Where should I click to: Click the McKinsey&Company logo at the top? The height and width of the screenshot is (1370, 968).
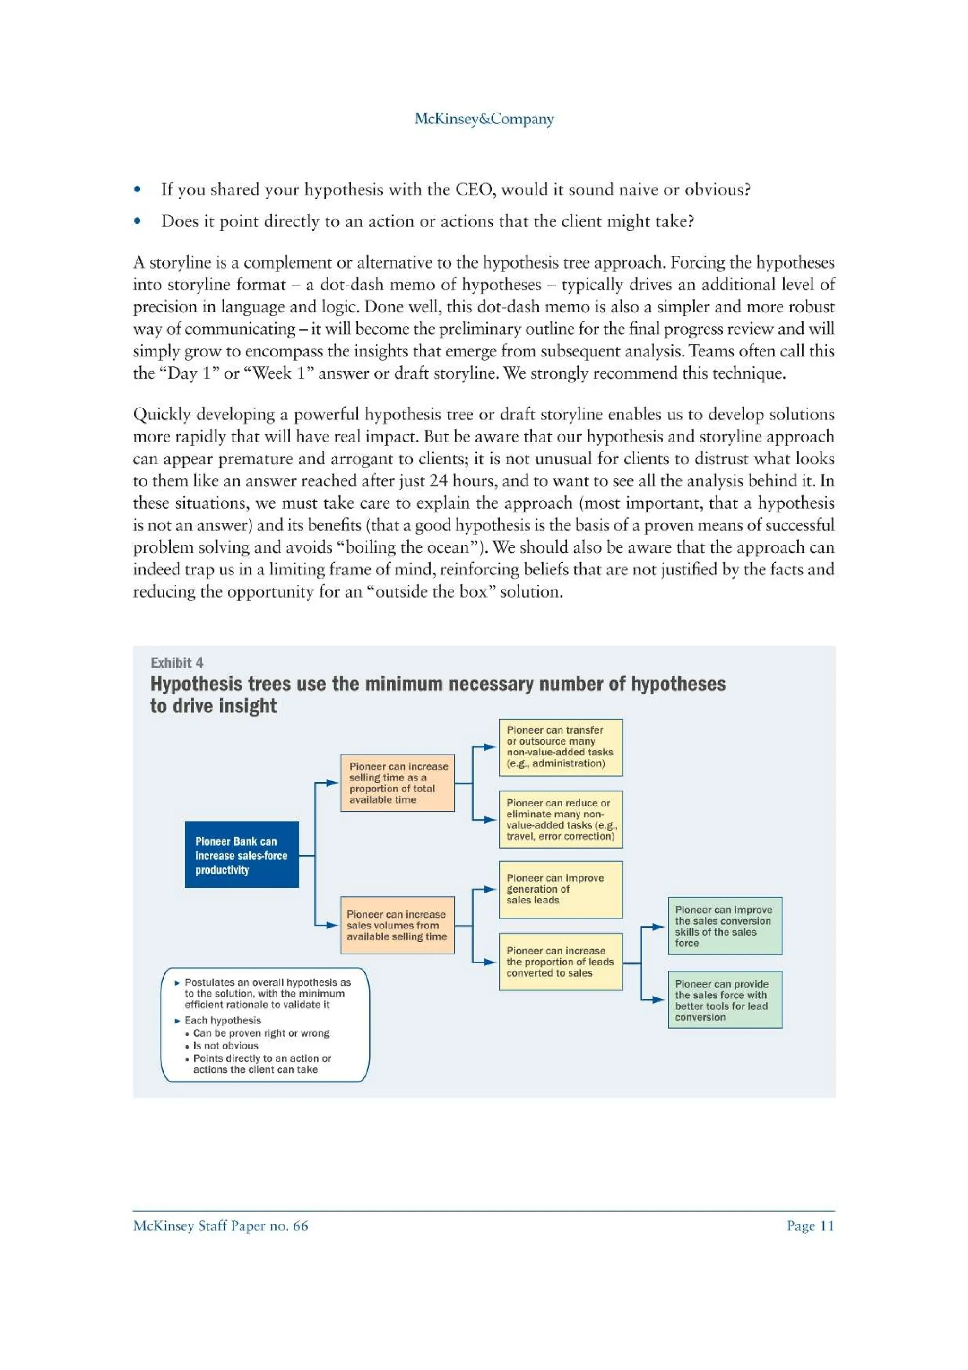click(484, 119)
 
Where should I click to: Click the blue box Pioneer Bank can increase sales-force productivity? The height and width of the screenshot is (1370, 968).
click(242, 854)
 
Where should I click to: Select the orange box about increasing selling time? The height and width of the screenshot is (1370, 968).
click(397, 782)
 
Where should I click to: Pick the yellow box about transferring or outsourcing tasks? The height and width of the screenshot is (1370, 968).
click(560, 746)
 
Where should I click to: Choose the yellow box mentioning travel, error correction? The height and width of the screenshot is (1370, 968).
click(560, 819)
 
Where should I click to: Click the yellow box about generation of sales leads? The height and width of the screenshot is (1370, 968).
click(560, 889)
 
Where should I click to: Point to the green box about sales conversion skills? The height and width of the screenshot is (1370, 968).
click(724, 926)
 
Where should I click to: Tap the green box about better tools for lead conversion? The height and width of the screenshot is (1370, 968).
click(724, 999)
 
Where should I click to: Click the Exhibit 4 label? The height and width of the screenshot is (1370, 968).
click(177, 663)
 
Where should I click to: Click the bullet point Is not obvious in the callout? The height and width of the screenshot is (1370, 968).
click(225, 1045)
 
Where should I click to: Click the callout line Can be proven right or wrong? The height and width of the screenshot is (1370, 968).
click(260, 1033)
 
